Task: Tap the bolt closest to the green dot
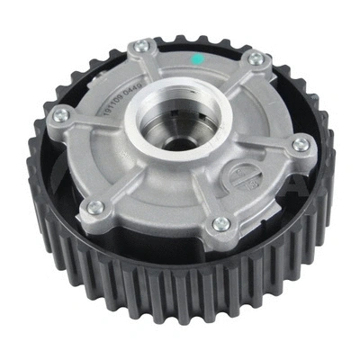point(257,59)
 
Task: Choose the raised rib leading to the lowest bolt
point(211,193)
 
